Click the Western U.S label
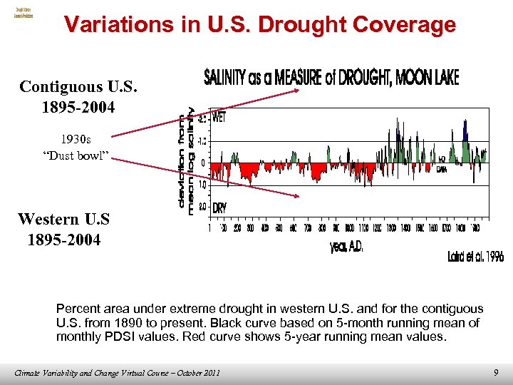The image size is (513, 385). pos(64,218)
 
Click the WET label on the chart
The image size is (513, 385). pos(219,118)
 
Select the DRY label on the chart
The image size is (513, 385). pos(219,207)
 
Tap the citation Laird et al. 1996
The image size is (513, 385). pos(475,257)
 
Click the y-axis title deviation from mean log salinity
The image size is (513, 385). pos(186,160)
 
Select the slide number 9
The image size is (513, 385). pos(496,371)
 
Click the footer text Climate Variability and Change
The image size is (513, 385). pos(78,372)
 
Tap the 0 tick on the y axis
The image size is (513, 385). pos(203,163)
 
